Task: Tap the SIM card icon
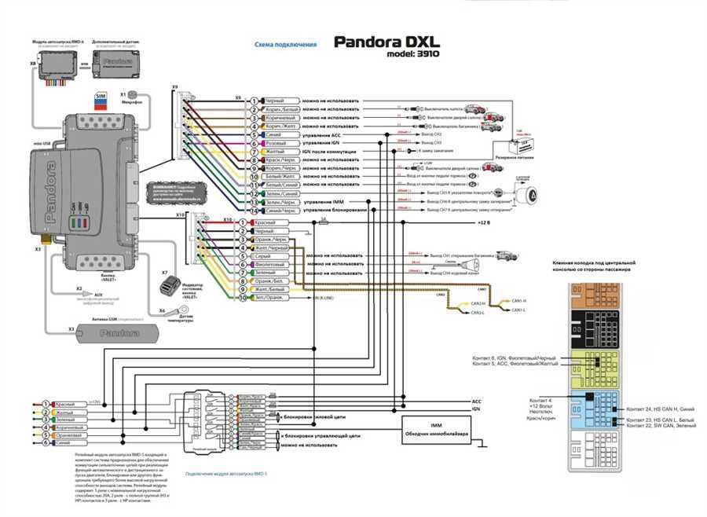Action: click(x=100, y=97)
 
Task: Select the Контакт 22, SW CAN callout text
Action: click(x=659, y=426)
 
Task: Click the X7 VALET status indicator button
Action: click(x=167, y=287)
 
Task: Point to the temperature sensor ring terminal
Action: click(x=180, y=311)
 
